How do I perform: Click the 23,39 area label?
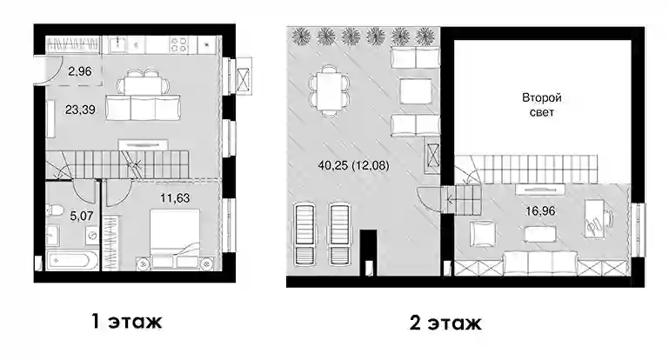click(x=80, y=110)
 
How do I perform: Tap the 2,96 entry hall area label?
click(x=80, y=71)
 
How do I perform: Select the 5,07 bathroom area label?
click(x=82, y=217)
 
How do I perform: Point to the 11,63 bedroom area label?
click(x=175, y=198)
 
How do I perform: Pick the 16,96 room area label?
click(x=540, y=210)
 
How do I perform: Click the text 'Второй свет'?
click(x=542, y=105)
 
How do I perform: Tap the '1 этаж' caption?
click(x=127, y=321)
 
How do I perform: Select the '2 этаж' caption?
click(x=445, y=323)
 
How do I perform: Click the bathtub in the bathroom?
click(x=72, y=260)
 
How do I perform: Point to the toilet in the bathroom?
click(x=52, y=210)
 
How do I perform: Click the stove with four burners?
click(x=179, y=44)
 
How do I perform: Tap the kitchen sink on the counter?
click(x=117, y=44)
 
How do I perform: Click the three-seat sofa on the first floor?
click(x=144, y=108)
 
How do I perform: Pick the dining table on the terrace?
click(x=329, y=91)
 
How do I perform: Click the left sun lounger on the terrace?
click(x=304, y=234)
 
